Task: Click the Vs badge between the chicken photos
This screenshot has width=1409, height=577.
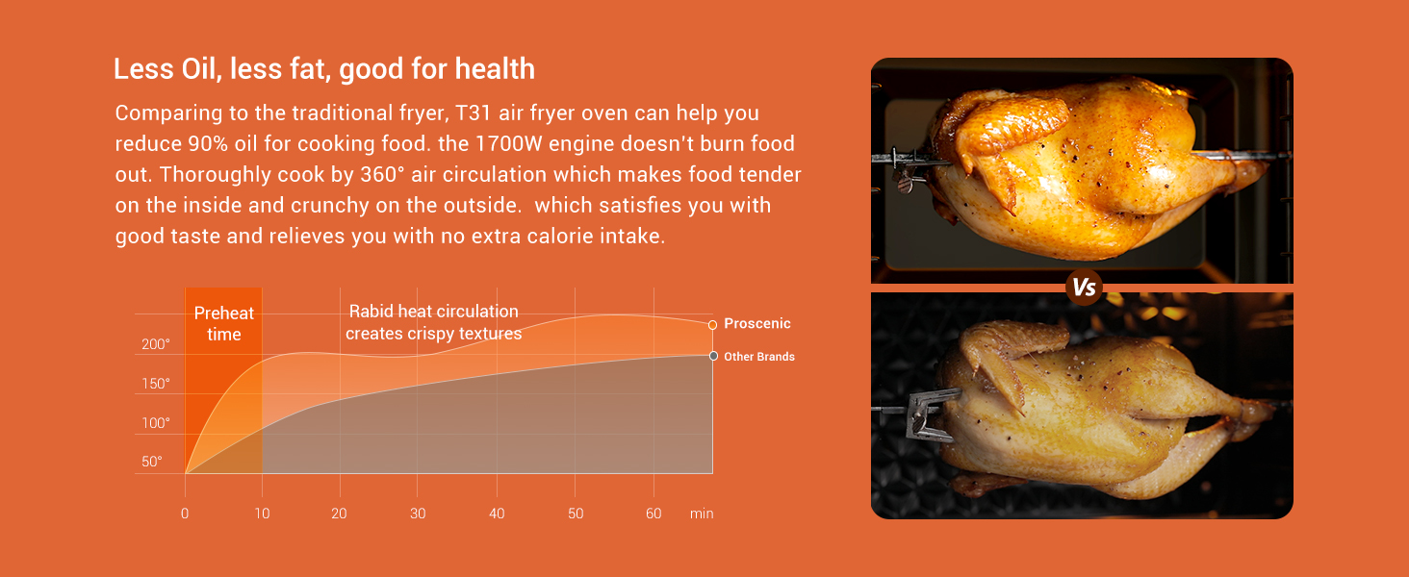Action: pyautogui.click(x=1083, y=288)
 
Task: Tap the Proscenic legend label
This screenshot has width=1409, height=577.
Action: pyautogui.click(x=756, y=323)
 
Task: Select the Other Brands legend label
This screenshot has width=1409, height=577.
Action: pyautogui.click(x=759, y=357)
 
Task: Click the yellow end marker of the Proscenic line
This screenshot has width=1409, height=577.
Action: pyautogui.click(x=712, y=325)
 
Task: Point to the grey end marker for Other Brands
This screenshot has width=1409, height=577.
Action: pyautogui.click(x=713, y=356)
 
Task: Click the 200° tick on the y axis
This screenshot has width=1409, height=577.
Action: pyautogui.click(x=155, y=344)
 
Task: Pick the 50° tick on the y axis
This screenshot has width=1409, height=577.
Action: pyautogui.click(x=152, y=462)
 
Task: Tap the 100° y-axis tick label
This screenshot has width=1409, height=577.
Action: pyautogui.click(x=155, y=422)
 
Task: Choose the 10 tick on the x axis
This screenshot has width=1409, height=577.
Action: pyautogui.click(x=263, y=514)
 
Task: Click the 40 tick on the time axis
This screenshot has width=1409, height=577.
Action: pyautogui.click(x=497, y=514)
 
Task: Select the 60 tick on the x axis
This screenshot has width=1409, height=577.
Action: pyautogui.click(x=653, y=514)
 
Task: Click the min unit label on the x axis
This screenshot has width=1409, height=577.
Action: pyautogui.click(x=702, y=514)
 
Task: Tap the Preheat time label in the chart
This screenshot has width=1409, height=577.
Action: pyautogui.click(x=224, y=323)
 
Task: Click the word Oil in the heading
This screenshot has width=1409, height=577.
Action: pyautogui.click(x=200, y=68)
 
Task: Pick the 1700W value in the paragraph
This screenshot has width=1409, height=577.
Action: pyautogui.click(x=508, y=144)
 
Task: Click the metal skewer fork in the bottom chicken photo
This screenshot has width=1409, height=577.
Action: pyautogui.click(x=928, y=414)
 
